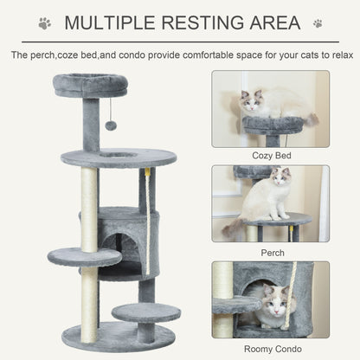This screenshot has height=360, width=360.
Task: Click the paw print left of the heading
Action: point(44,22)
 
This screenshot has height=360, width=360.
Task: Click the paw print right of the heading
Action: point(318,22)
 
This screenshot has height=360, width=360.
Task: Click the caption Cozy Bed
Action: point(270,154)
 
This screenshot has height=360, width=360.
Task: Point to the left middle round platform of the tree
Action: point(84,256)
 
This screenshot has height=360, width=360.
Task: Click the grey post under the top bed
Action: point(91,124)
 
